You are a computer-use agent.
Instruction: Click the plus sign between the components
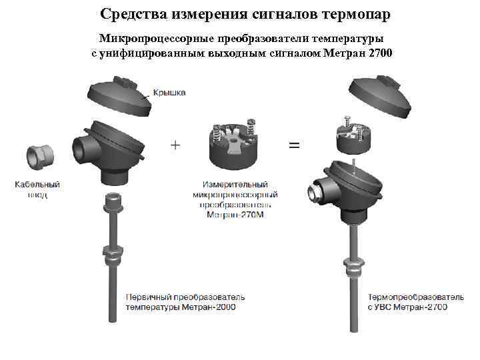point(175,145)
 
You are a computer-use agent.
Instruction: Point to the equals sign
point(293,145)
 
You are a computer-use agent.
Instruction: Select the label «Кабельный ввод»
point(37,189)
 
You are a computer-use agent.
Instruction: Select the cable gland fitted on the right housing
point(312,193)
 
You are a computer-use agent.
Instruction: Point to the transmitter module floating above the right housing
point(354,136)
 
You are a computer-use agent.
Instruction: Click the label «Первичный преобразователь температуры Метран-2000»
point(185,301)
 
